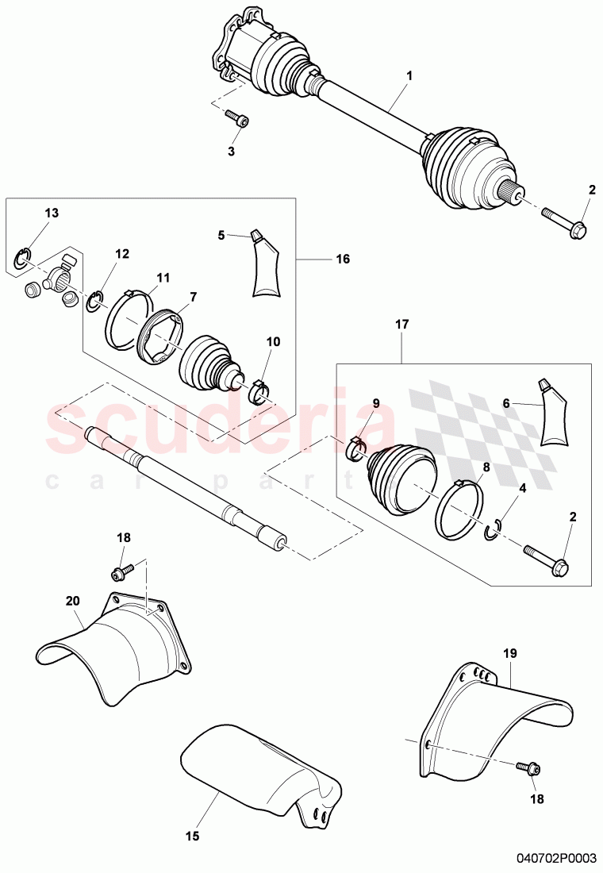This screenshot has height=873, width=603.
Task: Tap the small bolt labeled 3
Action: [x=237, y=118]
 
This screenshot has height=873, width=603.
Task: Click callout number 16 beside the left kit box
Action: [x=343, y=259]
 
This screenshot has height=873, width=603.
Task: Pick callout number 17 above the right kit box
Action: [x=401, y=324]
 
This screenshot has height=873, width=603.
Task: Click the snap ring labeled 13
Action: [x=25, y=256]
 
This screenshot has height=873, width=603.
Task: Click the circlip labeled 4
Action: [x=492, y=529]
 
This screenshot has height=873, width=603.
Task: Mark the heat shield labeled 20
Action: [x=119, y=635]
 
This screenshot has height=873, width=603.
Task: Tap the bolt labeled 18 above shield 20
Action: [x=124, y=571]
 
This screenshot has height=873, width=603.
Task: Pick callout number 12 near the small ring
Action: [x=121, y=254]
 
